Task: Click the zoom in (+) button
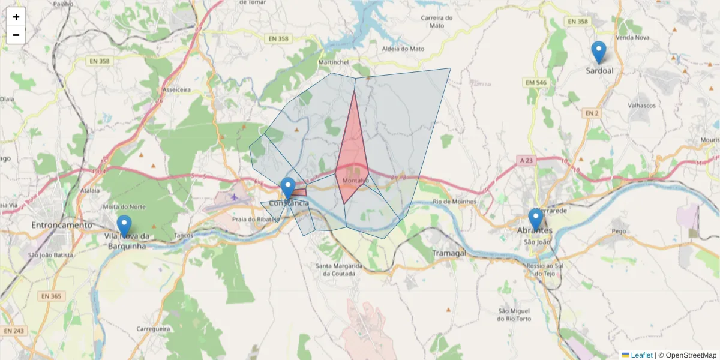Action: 16,17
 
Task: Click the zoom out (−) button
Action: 16,35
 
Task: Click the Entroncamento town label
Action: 62,225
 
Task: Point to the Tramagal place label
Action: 448,253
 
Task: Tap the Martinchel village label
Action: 334,62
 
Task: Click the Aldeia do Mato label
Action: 403,49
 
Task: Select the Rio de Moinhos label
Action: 454,202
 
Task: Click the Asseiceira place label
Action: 176,89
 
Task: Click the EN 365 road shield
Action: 52,296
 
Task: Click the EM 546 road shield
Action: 536,82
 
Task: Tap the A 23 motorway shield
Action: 526,160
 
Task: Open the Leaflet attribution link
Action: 641,355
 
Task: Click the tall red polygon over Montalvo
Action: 353,156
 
